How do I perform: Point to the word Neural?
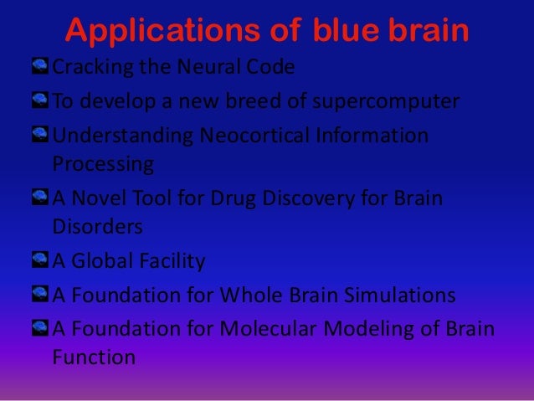pyautogui.click(x=200, y=68)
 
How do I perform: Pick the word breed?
pyautogui.click(x=257, y=101)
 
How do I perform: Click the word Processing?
pyautogui.click(x=103, y=162)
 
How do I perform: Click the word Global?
pyautogui.click(x=106, y=262)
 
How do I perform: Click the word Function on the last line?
pyautogui.click(x=93, y=357)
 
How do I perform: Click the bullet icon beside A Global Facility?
pyautogui.click(x=41, y=261)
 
